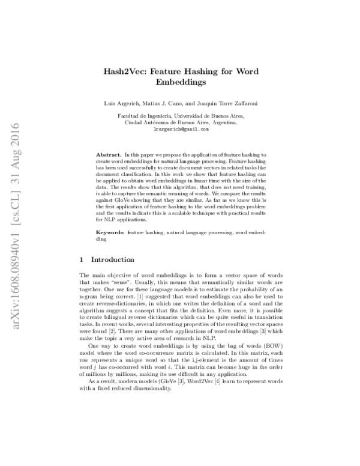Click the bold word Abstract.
108,155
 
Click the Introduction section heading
112,260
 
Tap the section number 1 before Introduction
82,260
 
